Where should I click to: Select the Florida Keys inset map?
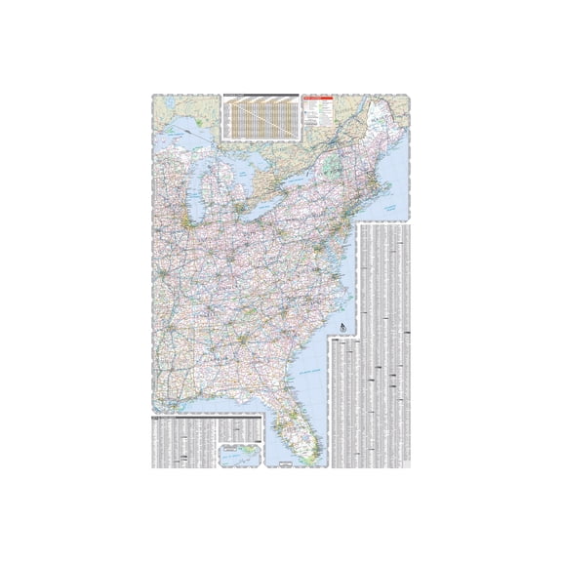click(243, 455)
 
